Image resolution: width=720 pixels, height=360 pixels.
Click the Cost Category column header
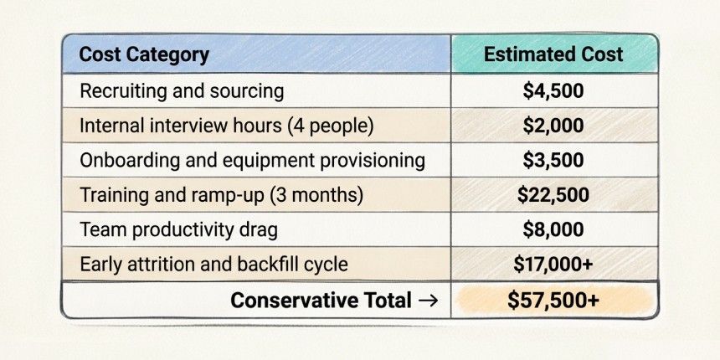pos(144,55)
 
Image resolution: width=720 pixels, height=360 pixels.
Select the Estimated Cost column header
pos(553,54)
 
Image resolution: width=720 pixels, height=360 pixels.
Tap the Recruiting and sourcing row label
pos(182,91)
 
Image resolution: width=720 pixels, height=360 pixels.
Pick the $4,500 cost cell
pos(553,91)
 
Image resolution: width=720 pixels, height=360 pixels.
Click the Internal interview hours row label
pos(226,126)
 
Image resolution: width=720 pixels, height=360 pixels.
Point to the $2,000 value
pos(553,126)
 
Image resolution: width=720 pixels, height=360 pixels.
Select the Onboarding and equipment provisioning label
pos(252,161)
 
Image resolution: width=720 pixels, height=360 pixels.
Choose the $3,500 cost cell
pos(553,160)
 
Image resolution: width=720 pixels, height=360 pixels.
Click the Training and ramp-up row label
pos(221,195)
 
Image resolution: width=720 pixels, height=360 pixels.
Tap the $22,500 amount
pos(553,195)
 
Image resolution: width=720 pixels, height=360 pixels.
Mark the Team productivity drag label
pos(178,230)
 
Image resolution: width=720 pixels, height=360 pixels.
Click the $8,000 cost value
pos(553,229)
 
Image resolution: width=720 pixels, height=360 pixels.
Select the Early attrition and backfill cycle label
pos(213,265)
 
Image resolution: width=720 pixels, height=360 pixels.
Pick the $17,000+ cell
pos(553,265)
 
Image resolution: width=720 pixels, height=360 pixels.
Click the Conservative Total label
pos(321,301)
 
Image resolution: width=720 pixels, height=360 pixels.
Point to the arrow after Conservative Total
pos(428,301)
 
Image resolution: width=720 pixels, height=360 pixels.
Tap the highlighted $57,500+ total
pos(553,301)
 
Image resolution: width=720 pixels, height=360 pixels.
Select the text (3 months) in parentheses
pos(316,195)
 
